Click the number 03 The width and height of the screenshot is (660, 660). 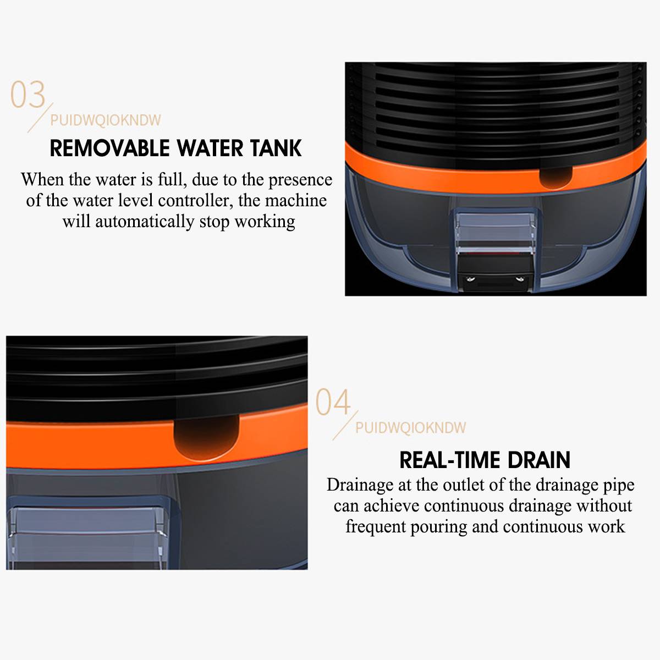[x=28, y=95]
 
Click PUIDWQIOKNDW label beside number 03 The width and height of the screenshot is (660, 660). [x=106, y=120]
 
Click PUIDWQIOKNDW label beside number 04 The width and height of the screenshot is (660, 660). [x=410, y=427]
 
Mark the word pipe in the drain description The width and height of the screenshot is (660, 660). [x=618, y=485]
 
